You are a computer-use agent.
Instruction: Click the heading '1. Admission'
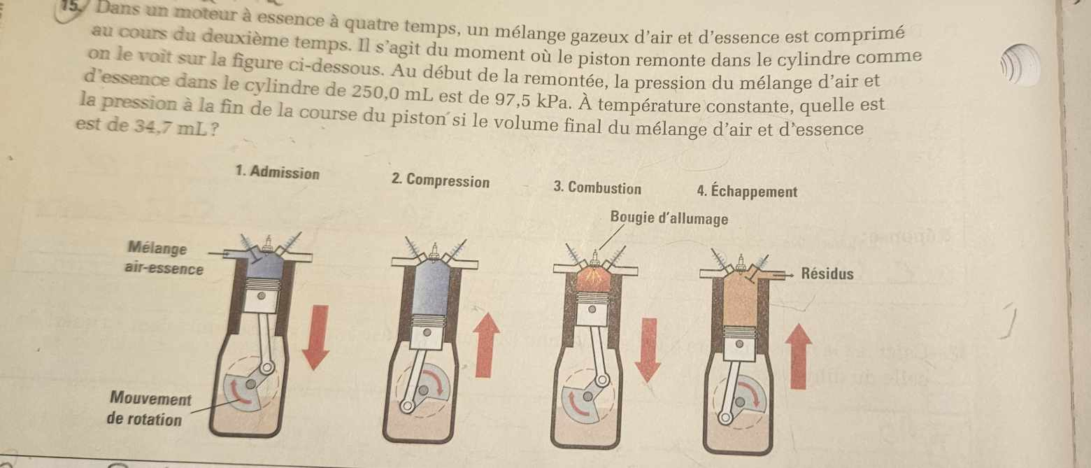pyautogui.click(x=277, y=172)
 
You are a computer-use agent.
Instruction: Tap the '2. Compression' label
pyautogui.click(x=441, y=180)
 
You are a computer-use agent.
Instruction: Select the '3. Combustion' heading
pyautogui.click(x=597, y=187)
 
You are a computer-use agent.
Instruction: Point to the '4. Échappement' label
pyautogui.click(x=747, y=190)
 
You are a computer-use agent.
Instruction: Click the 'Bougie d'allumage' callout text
pyautogui.click(x=669, y=218)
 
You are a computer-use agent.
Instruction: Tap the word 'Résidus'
pyautogui.click(x=827, y=274)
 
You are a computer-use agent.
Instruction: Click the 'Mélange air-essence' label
pyautogui.click(x=164, y=258)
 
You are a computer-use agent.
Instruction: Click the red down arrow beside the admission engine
pyautogui.click(x=315, y=337)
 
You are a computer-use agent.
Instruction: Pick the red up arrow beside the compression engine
pyautogui.click(x=485, y=345)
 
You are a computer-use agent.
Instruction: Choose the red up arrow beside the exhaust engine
pyautogui.click(x=798, y=356)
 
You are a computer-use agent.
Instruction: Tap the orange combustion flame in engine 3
pyautogui.click(x=593, y=278)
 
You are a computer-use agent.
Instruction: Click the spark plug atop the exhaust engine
pyautogui.click(x=741, y=262)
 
